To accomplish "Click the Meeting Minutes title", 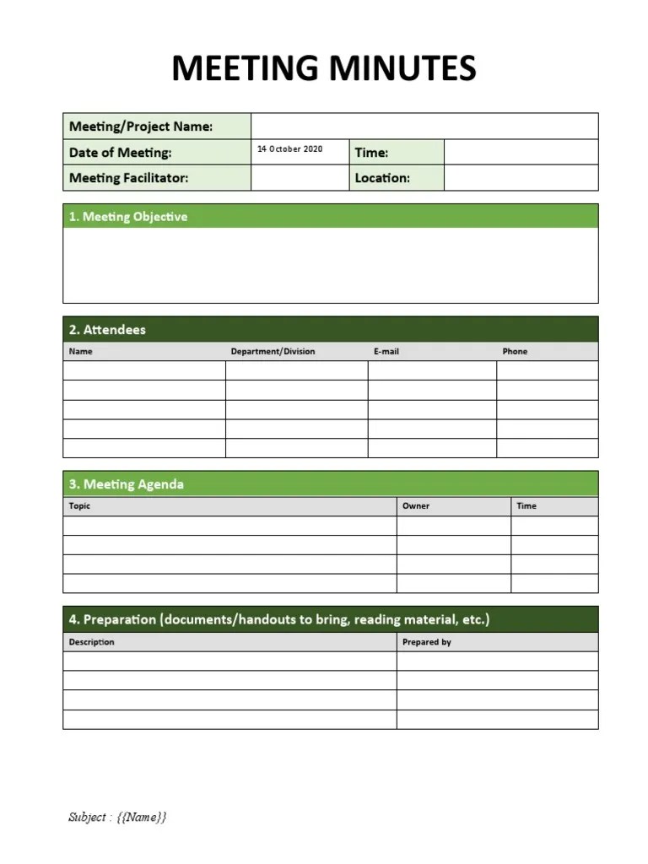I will coord(324,68).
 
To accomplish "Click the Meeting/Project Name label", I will coord(140,127).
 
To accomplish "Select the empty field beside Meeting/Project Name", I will coord(424,127).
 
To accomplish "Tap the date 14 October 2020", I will coord(289,149).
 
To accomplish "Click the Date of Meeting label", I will coord(120,153).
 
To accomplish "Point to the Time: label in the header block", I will coord(371,153).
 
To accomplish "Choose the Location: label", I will coord(382,178).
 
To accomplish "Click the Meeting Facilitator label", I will coord(128,178).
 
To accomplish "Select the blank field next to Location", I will coord(521,178).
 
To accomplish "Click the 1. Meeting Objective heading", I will coord(128,217).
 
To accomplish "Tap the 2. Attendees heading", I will coord(107,330).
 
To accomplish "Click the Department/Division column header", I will coord(273,352).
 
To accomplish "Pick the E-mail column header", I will coord(386,352).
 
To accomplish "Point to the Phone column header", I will coord(515,352).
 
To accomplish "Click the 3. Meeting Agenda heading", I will coord(127,484).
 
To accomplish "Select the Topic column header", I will coord(79,506).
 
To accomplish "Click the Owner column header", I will coord(416,506).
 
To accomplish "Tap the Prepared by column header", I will coord(427,642).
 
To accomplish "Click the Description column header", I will coord(91,642).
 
